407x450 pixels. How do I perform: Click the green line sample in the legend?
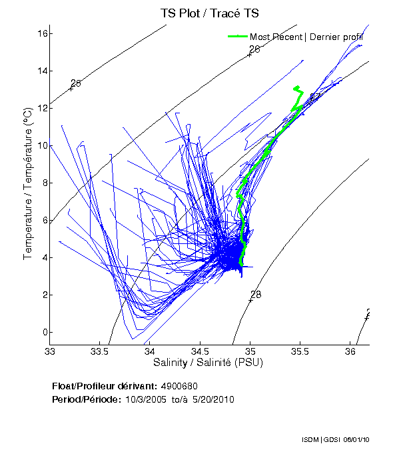(238, 36)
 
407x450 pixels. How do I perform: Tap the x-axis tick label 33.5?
(99, 351)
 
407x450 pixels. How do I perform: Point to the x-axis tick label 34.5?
(200, 351)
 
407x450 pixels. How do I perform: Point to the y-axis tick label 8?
(42, 183)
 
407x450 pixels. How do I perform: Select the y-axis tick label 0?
(42, 332)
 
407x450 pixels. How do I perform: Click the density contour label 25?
(75, 83)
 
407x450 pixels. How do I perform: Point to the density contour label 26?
(254, 49)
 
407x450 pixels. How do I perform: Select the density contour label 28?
(255, 295)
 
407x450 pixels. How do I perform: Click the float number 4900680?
(179, 386)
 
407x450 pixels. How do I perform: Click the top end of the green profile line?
(296, 87)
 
